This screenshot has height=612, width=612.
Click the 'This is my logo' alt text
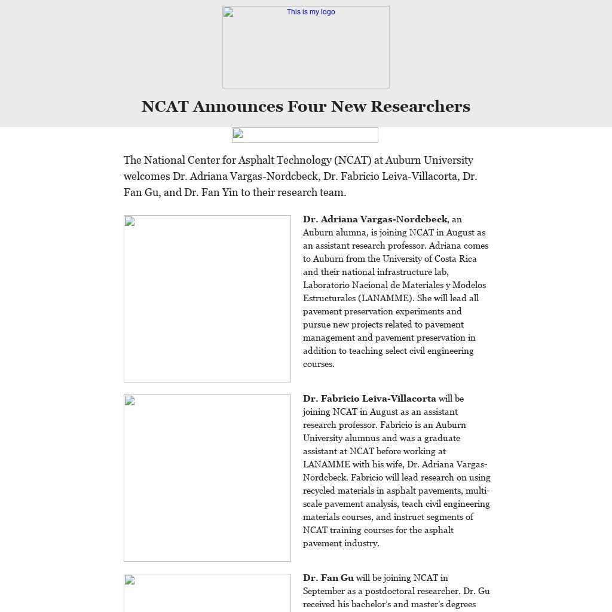(x=311, y=12)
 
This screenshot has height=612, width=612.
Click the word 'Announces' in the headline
(x=238, y=106)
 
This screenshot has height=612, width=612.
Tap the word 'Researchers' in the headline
(x=420, y=106)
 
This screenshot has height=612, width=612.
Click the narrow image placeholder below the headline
(x=305, y=135)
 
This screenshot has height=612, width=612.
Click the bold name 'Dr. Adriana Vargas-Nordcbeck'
(x=375, y=219)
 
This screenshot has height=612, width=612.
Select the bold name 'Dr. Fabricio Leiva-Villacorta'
(x=369, y=399)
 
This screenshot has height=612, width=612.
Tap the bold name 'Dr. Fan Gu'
(x=328, y=578)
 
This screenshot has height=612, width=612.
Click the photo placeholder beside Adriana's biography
(x=207, y=299)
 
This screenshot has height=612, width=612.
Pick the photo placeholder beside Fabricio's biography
(x=207, y=478)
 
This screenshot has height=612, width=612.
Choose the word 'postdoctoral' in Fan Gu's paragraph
(x=409, y=591)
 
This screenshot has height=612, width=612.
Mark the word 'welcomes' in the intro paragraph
(x=147, y=176)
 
